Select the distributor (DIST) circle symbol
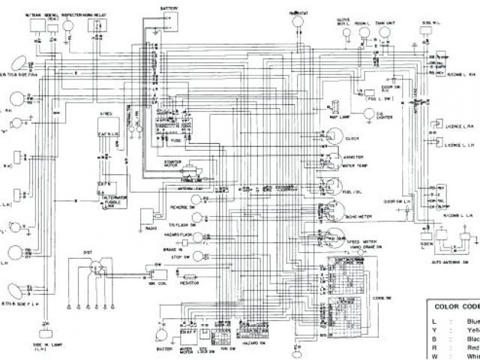[94, 268]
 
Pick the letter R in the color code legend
[433, 347]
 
